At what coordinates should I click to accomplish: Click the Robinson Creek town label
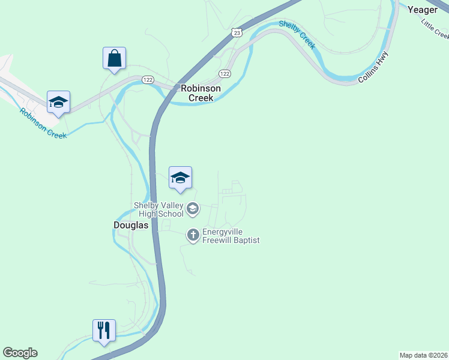click(x=200, y=92)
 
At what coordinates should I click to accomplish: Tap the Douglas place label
click(x=131, y=225)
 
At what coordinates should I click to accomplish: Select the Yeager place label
click(x=423, y=10)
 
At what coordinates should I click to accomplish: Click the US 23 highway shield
click(x=237, y=33)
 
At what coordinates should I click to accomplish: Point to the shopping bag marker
click(x=114, y=59)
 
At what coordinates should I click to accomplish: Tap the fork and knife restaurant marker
click(x=104, y=331)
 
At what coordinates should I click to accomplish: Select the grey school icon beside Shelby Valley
click(x=193, y=209)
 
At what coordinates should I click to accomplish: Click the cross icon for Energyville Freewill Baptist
click(x=193, y=235)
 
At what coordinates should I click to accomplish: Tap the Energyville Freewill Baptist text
click(x=231, y=236)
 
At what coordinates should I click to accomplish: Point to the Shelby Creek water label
click(x=297, y=34)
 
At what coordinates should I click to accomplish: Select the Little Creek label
click(x=435, y=28)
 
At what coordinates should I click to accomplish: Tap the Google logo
click(x=20, y=353)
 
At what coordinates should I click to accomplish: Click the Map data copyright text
click(x=423, y=355)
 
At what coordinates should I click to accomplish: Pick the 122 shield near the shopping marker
click(x=148, y=79)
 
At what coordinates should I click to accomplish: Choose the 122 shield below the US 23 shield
click(x=224, y=74)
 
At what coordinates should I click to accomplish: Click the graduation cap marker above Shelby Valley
click(x=180, y=178)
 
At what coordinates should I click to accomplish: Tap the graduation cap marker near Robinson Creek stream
click(x=59, y=102)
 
